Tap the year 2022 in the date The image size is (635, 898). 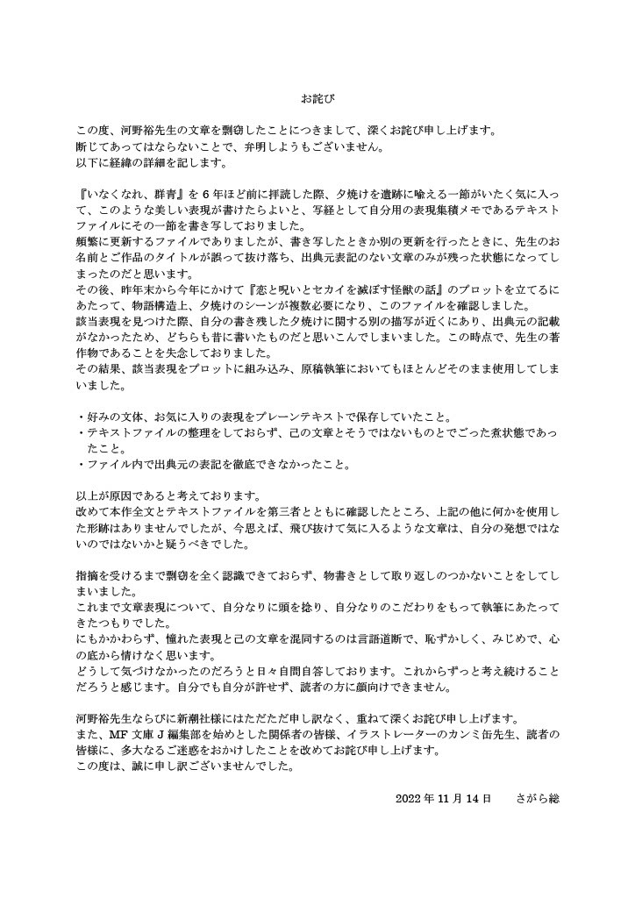click(410, 799)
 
